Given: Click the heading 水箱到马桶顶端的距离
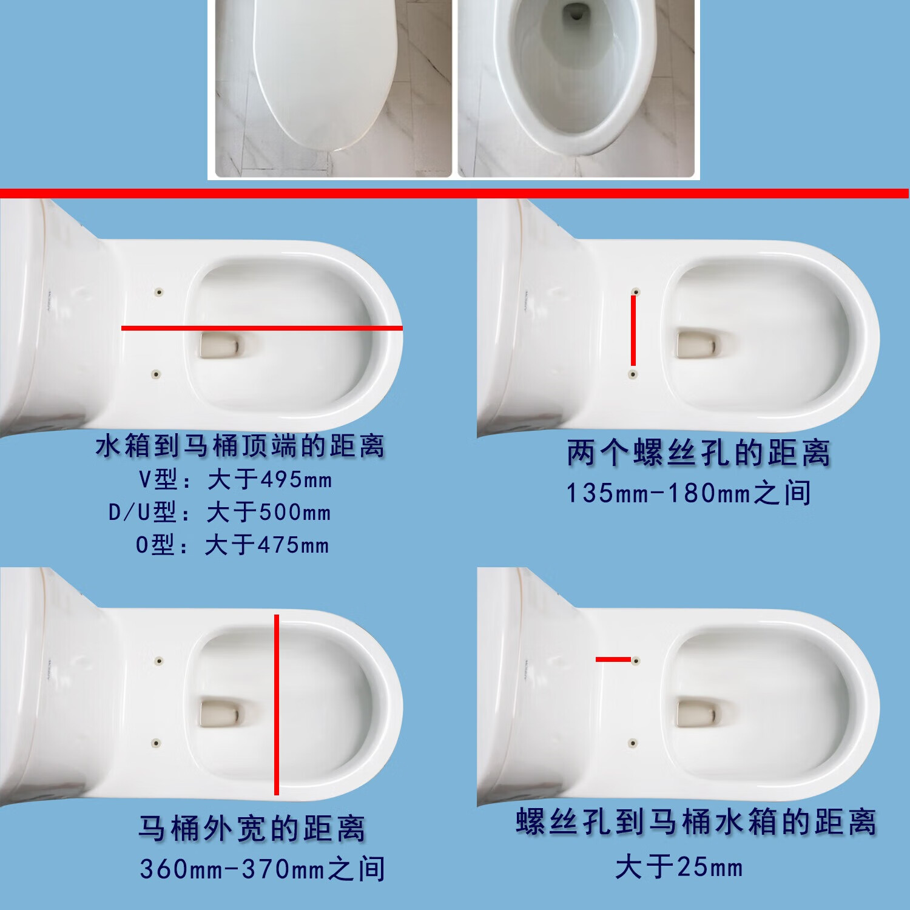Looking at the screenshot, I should [x=240, y=447].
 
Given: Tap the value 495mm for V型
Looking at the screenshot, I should [x=296, y=480].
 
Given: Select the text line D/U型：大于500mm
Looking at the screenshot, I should [x=220, y=513].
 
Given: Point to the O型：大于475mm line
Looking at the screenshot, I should [x=232, y=545].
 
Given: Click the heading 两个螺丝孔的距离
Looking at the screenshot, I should [x=698, y=453].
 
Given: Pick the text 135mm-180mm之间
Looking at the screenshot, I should [x=688, y=493].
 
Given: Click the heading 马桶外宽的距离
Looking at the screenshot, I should [x=252, y=829].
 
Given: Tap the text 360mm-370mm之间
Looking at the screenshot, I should [x=262, y=869].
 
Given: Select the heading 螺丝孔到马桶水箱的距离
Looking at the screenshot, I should [x=696, y=823].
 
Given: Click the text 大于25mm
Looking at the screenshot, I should [x=679, y=867].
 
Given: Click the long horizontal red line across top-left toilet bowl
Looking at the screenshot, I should [x=261, y=328].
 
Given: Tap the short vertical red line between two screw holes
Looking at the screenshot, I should [x=633, y=331].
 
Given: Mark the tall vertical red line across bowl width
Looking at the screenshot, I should [x=277, y=704].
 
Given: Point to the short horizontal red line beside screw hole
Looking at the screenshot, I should [x=613, y=659].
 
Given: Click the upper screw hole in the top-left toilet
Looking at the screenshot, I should [x=159, y=292].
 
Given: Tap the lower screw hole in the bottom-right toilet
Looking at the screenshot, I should [x=633, y=743].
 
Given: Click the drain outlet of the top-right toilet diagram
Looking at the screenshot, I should [x=696, y=344].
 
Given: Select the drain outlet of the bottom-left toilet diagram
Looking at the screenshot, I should [x=220, y=712].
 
